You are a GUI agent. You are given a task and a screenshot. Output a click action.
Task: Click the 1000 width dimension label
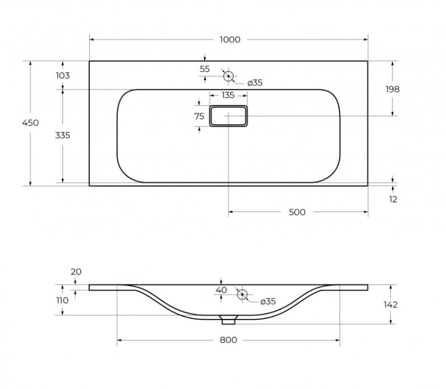pyautogui.click(x=230, y=40)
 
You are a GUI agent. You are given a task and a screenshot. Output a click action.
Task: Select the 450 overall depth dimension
pyautogui.click(x=30, y=123)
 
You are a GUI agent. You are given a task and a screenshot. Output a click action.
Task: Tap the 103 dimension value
pyautogui.click(x=62, y=75)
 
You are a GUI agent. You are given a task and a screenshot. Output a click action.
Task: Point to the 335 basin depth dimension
pyautogui.click(x=62, y=135)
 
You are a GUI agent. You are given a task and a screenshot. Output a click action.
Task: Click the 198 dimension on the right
pyautogui.click(x=392, y=89)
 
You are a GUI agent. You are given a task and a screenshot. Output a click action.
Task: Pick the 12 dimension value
pyautogui.click(x=393, y=200)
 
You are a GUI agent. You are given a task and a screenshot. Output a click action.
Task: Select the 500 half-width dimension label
pyautogui.click(x=297, y=212)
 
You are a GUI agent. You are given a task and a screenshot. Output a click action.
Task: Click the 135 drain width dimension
pyautogui.click(x=228, y=95)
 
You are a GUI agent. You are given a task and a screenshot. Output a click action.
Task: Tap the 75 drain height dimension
pyautogui.click(x=199, y=116)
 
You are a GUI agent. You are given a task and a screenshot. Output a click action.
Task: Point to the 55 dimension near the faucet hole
pyautogui.click(x=205, y=69)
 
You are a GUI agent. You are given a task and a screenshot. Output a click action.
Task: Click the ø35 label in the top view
pyautogui.click(x=254, y=83)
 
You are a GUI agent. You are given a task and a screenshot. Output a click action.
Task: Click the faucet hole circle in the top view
pyautogui.click(x=228, y=76)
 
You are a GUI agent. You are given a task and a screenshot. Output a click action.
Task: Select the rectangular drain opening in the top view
pyautogui.click(x=228, y=116)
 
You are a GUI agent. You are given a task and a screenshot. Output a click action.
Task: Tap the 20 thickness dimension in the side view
pyautogui.click(x=76, y=272)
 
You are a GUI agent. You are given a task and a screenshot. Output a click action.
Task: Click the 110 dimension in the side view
pyautogui.click(x=62, y=301)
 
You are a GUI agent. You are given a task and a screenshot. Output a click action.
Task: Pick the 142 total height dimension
pyautogui.click(x=391, y=305)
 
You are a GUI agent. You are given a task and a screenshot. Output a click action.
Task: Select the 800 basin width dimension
pyautogui.click(x=228, y=340)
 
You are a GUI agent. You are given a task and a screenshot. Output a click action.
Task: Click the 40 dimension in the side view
pyautogui.click(x=221, y=290)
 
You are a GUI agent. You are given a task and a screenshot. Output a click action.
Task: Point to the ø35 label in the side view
pyautogui.click(x=268, y=302)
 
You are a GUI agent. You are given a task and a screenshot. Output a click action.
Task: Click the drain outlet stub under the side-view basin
pyautogui.click(x=228, y=320)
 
